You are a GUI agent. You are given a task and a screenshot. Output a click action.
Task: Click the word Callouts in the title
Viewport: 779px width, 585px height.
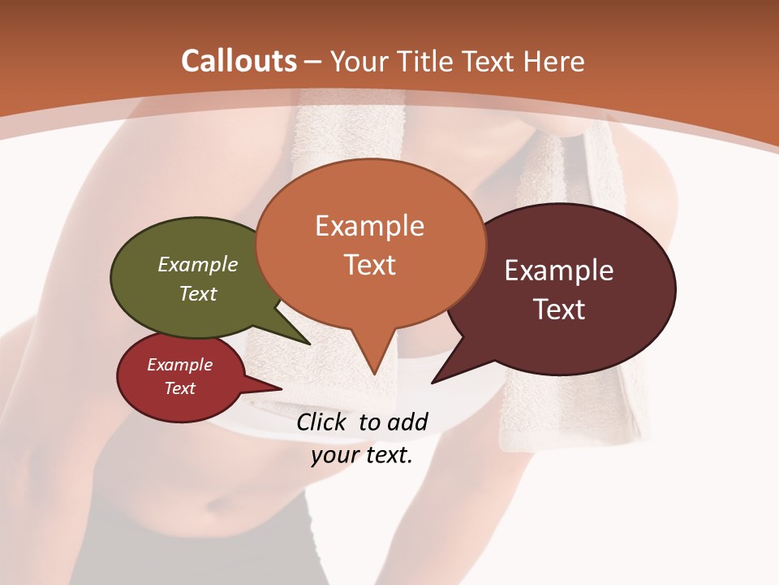click(x=239, y=61)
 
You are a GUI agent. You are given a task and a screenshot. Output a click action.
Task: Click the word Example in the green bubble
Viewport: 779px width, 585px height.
click(x=198, y=265)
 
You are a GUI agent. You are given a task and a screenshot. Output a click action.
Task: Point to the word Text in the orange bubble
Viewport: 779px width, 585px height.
click(x=370, y=265)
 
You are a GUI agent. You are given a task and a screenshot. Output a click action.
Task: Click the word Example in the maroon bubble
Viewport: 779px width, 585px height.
click(x=558, y=271)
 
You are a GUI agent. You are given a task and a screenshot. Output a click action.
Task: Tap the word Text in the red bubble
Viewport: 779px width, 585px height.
click(x=179, y=388)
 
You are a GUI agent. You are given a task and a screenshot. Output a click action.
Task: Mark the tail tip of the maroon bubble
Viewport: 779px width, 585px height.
click(x=434, y=381)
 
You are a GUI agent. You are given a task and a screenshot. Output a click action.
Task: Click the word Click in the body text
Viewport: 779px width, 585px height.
click(x=323, y=422)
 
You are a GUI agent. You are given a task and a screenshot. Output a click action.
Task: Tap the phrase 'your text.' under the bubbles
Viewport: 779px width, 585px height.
click(x=361, y=455)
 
